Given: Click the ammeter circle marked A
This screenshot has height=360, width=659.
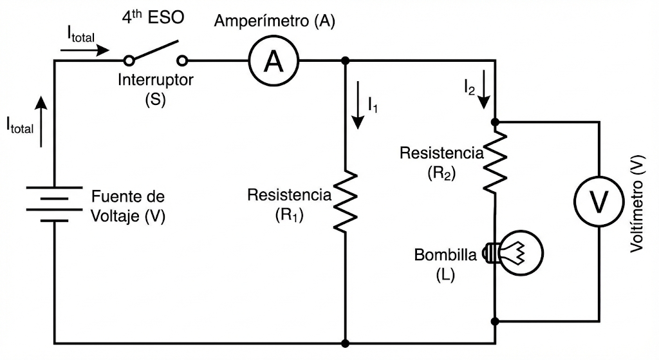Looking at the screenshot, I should (x=274, y=61).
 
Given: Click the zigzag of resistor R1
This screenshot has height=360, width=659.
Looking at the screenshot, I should (x=346, y=200).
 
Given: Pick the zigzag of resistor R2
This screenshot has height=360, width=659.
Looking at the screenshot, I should (x=495, y=162).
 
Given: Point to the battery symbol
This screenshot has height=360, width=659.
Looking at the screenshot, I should (x=54, y=204).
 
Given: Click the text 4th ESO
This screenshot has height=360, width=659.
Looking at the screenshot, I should (x=153, y=17).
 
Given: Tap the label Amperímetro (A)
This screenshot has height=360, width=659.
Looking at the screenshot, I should (x=274, y=21).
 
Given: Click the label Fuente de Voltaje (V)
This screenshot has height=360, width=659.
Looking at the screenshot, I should (x=128, y=206).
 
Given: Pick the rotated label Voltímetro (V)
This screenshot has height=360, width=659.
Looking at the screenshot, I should (x=636, y=204).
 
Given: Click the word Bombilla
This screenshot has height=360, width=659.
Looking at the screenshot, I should (x=445, y=254).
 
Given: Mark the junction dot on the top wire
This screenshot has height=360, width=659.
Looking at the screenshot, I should (x=346, y=61).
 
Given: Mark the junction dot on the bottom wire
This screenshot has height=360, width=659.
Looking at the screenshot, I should (x=346, y=343).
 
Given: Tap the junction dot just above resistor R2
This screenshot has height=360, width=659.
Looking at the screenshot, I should (x=495, y=121).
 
